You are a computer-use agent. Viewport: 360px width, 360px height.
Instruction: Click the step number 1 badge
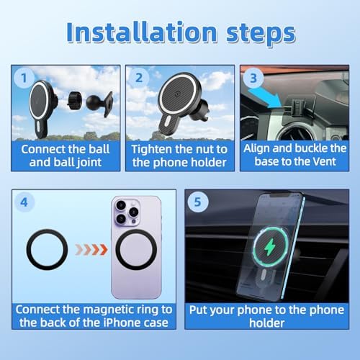[24, 78]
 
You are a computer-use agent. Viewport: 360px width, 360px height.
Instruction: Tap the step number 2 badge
[139, 78]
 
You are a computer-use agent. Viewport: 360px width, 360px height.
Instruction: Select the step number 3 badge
[253, 78]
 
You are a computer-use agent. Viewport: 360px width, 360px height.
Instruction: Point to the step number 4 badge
[24, 202]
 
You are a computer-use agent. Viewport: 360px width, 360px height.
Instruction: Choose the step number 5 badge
[197, 202]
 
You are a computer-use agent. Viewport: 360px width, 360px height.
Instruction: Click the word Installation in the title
[142, 32]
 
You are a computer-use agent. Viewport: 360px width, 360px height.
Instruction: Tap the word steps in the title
[261, 34]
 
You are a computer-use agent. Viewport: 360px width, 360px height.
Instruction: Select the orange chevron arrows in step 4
[91, 250]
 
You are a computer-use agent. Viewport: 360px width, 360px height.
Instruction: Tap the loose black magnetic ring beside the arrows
[47, 250]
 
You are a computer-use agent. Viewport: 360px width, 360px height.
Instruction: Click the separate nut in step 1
[74, 101]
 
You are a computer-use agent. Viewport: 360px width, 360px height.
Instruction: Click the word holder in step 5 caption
[267, 323]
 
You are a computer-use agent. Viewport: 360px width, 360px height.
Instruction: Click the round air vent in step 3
[297, 131]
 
